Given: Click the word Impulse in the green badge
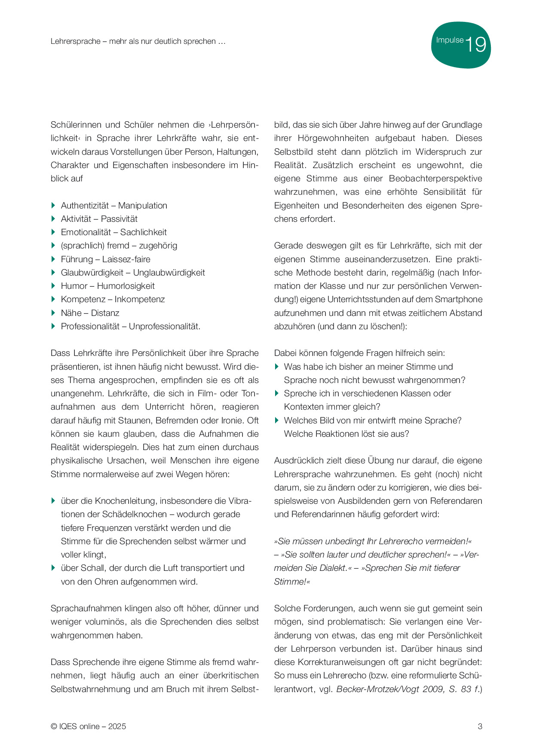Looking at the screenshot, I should (x=450, y=40).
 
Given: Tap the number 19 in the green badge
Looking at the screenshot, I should (x=475, y=45).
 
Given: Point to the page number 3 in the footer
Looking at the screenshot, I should (x=480, y=726).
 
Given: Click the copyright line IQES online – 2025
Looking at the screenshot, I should (x=89, y=726).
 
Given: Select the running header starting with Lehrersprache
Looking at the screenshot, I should (x=138, y=42).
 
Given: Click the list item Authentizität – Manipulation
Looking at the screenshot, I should (x=114, y=205).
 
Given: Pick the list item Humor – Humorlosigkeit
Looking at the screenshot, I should (x=107, y=286).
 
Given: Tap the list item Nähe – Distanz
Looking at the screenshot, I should (x=90, y=313).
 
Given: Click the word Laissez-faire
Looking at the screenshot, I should (x=126, y=259).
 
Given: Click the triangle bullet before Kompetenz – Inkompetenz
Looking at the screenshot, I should (x=53, y=299).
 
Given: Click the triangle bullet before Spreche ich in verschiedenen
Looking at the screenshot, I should (x=277, y=393).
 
